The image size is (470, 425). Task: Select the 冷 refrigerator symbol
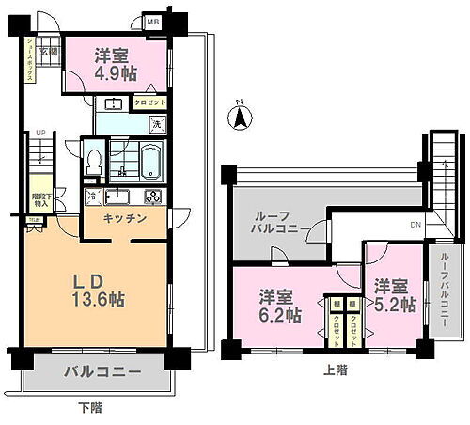click(92, 196)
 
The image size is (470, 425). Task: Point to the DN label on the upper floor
click(415, 223)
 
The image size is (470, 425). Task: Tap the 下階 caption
click(90, 408)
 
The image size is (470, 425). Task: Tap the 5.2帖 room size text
click(396, 296)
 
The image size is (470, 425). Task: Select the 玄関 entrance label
click(48, 51)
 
